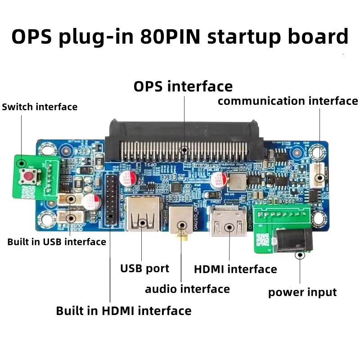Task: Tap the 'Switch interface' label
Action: pyautogui.click(x=40, y=107)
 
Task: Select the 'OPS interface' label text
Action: pyautogui.click(x=183, y=86)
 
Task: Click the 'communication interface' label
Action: pyautogui.click(x=288, y=101)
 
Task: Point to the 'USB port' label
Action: pyautogui.click(x=144, y=269)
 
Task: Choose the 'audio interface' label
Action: pyautogui.click(x=187, y=289)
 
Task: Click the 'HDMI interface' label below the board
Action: pyautogui.click(x=235, y=270)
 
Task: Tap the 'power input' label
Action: pyautogui.click(x=302, y=292)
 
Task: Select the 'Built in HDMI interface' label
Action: pyautogui.click(x=123, y=311)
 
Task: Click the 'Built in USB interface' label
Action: pyautogui.click(x=57, y=242)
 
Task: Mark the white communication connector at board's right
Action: pyautogui.click(x=319, y=174)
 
